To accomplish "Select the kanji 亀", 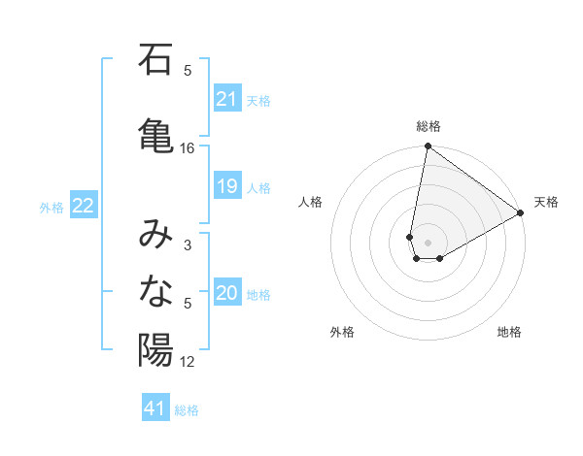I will [x=156, y=133].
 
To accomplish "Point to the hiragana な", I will [x=156, y=291].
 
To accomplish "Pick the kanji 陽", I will [x=156, y=349].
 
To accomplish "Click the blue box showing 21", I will [x=227, y=98].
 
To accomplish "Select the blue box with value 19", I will [x=227, y=186].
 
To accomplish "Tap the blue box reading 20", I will [x=227, y=293].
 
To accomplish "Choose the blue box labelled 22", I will [x=84, y=205].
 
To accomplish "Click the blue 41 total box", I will [x=156, y=408].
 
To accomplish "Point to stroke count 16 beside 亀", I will [x=188, y=148].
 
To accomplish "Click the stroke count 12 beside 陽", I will [x=188, y=362].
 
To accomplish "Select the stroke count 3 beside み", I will [x=188, y=245].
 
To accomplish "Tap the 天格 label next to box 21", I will [x=258, y=100].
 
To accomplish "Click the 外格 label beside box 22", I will [x=51, y=207].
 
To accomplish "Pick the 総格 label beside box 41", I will [x=187, y=410].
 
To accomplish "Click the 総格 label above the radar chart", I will [x=429, y=126].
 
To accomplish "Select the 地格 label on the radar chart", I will [x=509, y=332].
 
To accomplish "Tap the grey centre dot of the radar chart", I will [x=429, y=243].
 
